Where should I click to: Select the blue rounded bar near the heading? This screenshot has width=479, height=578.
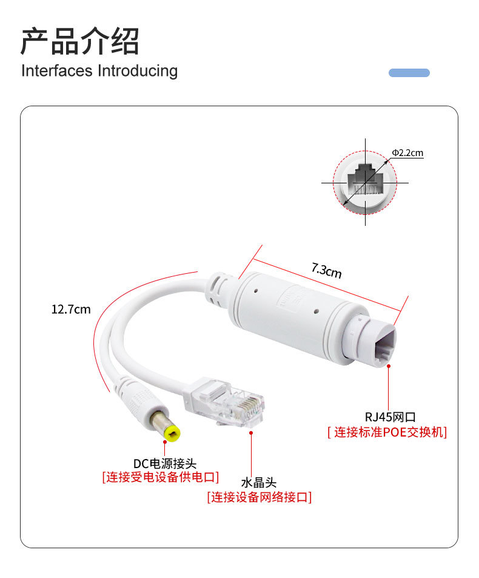click(409, 73)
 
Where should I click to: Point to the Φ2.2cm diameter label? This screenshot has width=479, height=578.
click(407, 153)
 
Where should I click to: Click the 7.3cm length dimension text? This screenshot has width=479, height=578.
click(326, 270)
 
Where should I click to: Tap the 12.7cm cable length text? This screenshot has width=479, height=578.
click(71, 310)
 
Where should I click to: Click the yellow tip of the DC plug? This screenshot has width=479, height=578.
click(172, 433)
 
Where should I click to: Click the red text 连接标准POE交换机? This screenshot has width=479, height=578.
click(387, 433)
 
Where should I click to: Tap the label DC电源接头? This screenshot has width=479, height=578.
click(165, 464)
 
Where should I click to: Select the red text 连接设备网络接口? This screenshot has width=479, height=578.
click(259, 498)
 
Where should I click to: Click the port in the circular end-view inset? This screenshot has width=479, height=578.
click(365, 180)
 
